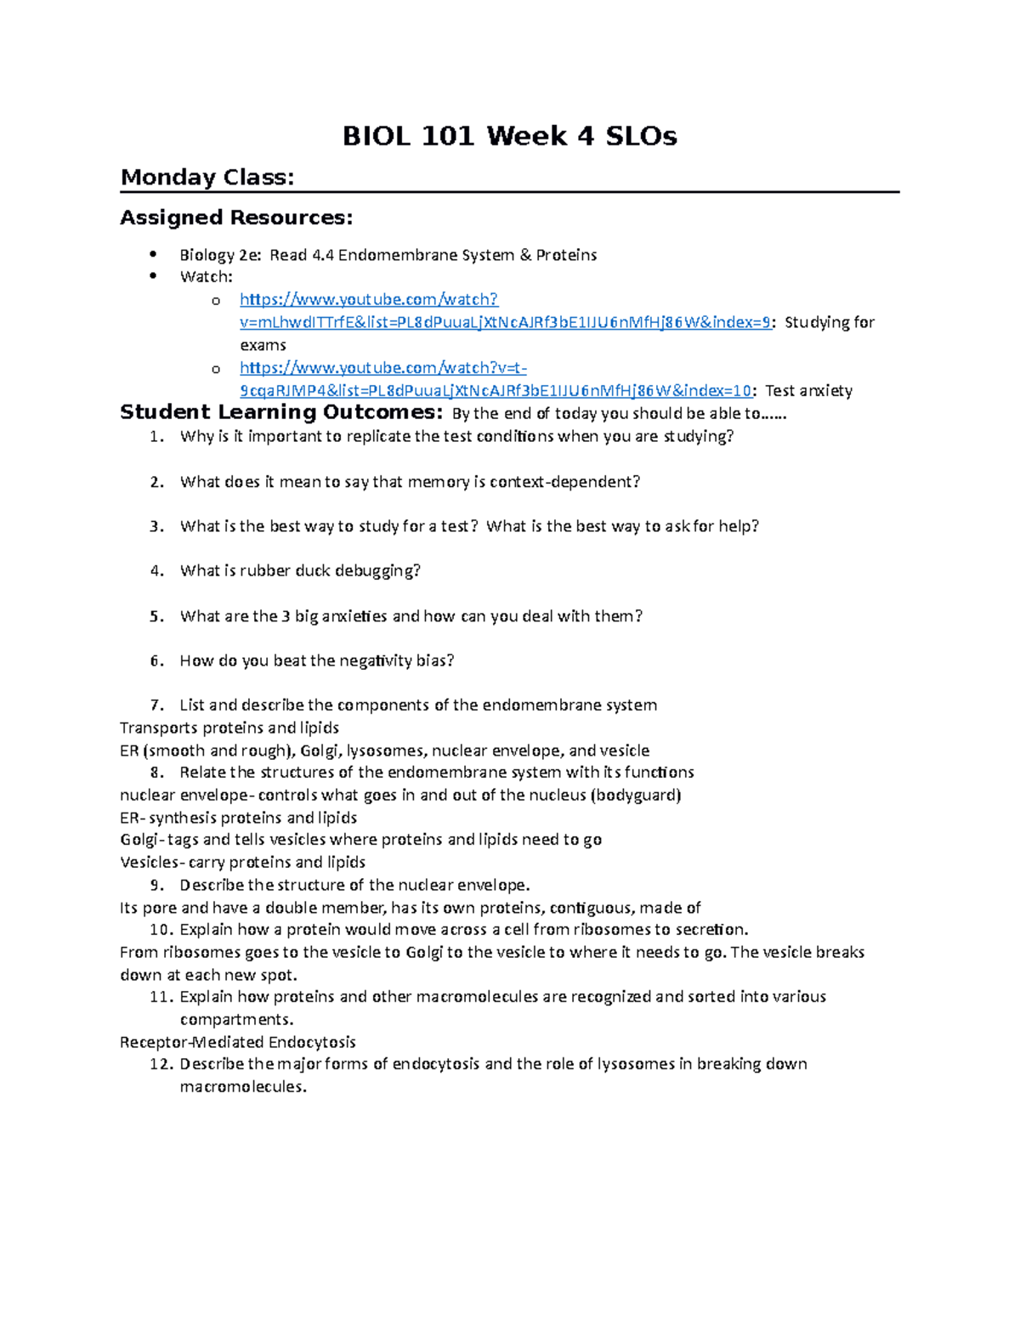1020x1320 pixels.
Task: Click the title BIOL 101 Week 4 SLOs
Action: [x=509, y=136]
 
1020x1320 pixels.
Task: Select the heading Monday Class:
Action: [x=207, y=178]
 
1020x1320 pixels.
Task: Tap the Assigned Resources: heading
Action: [x=235, y=218]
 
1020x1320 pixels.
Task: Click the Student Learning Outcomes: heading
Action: [x=280, y=413]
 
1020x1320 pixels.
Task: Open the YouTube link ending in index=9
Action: [x=505, y=322]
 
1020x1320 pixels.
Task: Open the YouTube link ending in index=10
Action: [x=495, y=391]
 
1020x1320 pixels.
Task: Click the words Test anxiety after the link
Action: [x=808, y=391]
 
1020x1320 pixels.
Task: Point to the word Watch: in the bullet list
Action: [x=206, y=277]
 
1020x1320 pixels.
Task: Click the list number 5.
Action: [x=156, y=616]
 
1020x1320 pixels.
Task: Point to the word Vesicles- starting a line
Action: [x=151, y=862]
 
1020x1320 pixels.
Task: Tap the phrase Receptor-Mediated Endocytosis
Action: [x=238, y=1042]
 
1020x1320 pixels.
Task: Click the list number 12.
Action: [x=160, y=1064]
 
